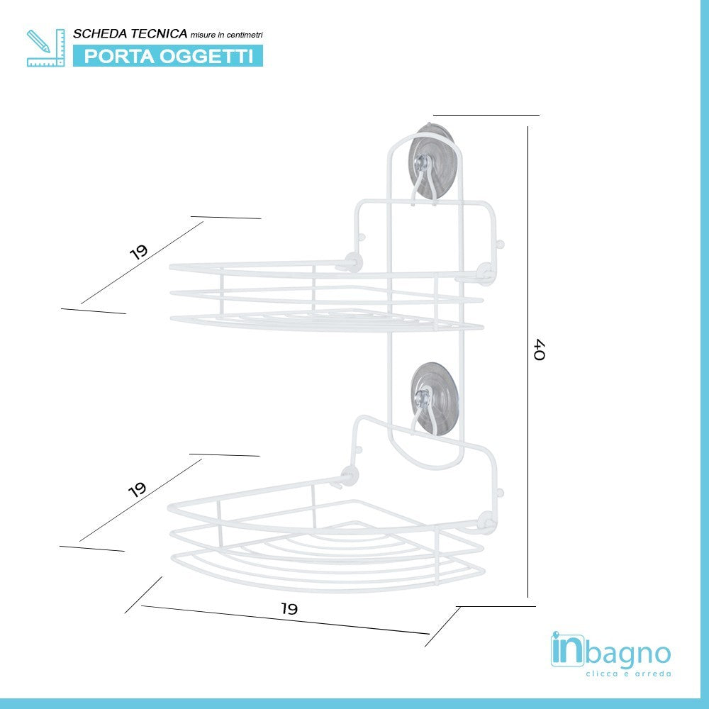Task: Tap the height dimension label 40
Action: tap(540, 350)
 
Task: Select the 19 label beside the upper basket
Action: tap(139, 252)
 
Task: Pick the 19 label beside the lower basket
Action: tap(138, 489)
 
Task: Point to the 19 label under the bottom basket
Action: tap(288, 608)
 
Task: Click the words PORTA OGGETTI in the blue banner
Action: tap(169, 57)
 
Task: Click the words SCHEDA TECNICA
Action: tap(130, 34)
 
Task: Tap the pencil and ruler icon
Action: tap(45, 48)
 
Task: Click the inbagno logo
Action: tap(610, 651)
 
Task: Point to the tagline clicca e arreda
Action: tap(628, 674)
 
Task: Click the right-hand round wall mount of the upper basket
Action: tap(486, 272)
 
